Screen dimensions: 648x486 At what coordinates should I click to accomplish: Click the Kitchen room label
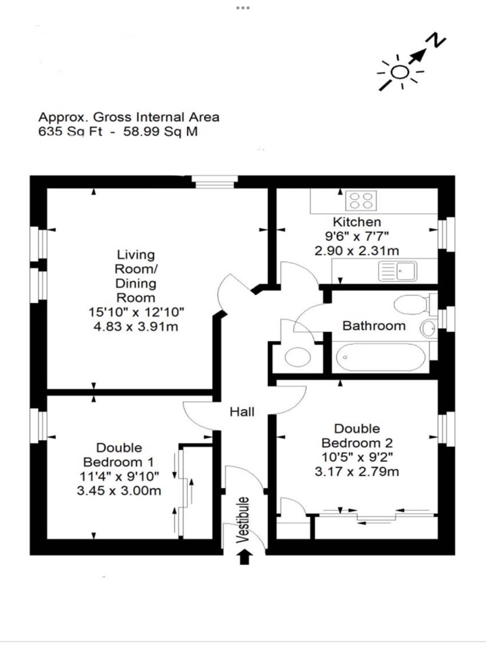(356, 222)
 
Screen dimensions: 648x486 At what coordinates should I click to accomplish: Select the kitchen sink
(398, 272)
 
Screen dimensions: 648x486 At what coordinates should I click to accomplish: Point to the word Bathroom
(374, 326)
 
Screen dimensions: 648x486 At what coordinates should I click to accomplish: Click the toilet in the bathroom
(412, 304)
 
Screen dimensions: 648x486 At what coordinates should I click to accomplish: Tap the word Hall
(242, 411)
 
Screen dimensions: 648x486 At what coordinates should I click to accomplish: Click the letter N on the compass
(438, 42)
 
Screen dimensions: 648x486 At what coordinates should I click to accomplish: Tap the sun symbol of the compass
(400, 73)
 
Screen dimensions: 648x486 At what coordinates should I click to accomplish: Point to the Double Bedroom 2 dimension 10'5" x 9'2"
(356, 458)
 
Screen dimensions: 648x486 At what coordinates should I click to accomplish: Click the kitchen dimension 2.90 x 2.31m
(356, 250)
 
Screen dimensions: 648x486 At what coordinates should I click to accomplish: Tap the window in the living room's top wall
(214, 181)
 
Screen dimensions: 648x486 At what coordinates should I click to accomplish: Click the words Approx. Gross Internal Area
(128, 117)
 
